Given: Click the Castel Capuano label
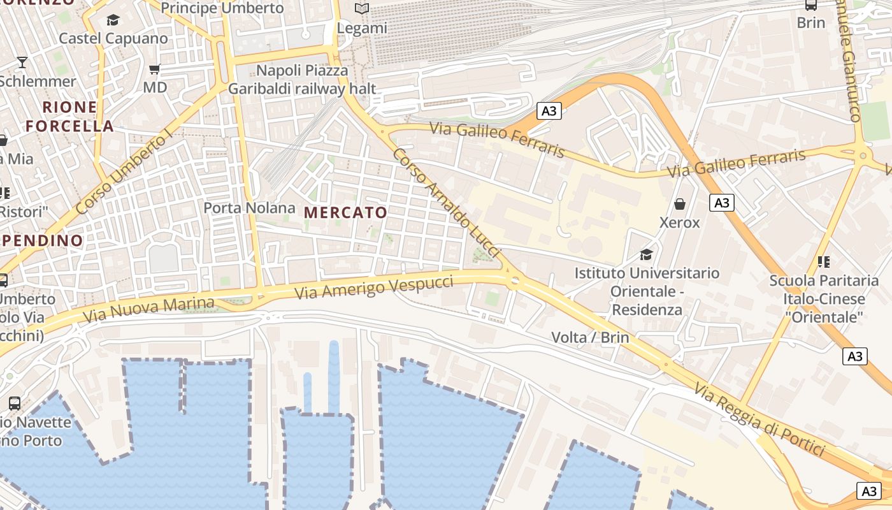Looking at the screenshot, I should tap(113, 38).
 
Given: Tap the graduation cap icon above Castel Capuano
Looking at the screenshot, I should tap(113, 20).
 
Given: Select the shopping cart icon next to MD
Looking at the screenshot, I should tap(154, 69).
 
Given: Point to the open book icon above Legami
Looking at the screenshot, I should tap(362, 9).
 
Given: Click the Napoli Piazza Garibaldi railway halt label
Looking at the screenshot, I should tap(302, 80).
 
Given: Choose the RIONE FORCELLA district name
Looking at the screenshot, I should tap(70, 117).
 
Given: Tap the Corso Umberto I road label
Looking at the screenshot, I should tap(124, 172).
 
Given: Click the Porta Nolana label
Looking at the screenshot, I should tap(249, 208).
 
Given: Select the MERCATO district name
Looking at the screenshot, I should tap(346, 213).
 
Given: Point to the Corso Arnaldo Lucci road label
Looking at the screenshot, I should tap(445, 203).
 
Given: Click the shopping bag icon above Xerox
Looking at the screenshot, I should tap(680, 204).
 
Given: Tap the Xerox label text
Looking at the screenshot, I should tap(680, 222).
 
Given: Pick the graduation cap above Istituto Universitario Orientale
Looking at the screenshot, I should tap(647, 255).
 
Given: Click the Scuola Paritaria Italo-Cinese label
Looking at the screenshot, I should tap(824, 298).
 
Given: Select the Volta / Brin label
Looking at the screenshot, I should tap(590, 337).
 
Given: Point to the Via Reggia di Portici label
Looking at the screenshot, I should tap(759, 419).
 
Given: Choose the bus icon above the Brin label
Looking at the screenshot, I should tap(811, 5).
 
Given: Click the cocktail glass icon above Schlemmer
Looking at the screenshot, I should tap(22, 62).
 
